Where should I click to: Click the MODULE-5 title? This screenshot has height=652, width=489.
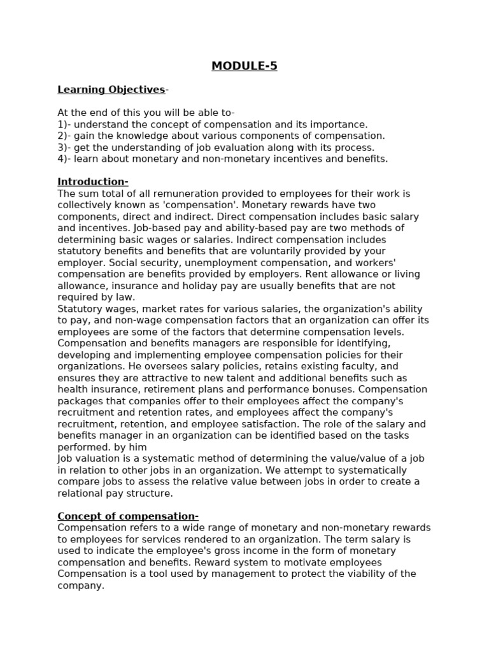(244, 66)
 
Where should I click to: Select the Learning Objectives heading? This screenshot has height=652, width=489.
(111, 90)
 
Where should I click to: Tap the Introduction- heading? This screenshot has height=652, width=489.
(93, 181)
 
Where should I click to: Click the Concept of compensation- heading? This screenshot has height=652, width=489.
(128, 516)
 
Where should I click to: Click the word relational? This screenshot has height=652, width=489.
(80, 493)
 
